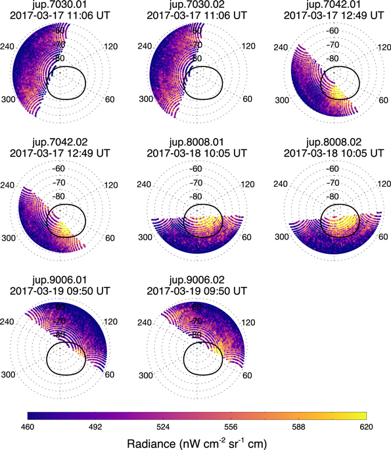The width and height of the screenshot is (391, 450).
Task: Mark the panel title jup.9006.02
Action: (x=193, y=280)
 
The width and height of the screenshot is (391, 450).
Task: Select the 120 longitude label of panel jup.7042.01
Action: (x=373, y=47)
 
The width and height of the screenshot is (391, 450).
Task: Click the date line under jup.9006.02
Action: (x=193, y=291)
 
